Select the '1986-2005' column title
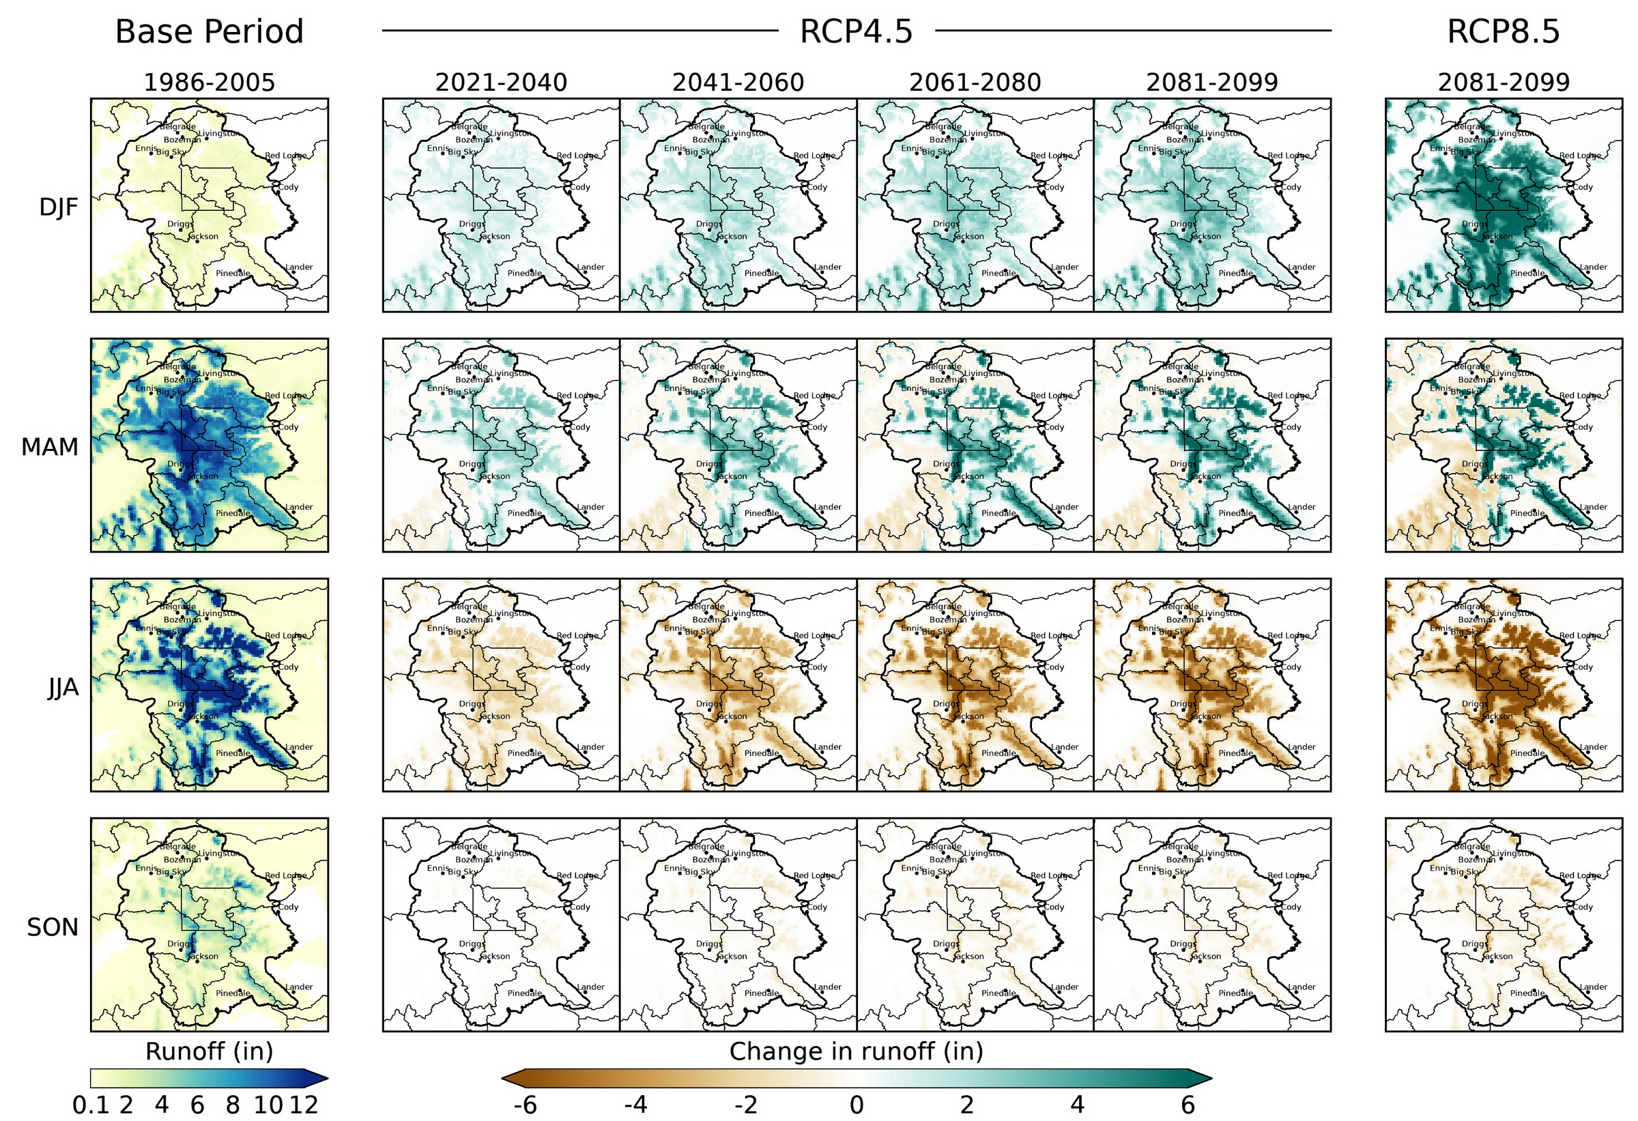(x=209, y=83)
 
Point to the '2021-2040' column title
(x=500, y=83)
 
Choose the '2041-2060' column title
(x=737, y=83)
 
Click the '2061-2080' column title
(x=974, y=83)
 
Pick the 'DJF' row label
(x=59, y=207)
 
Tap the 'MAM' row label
(x=49, y=447)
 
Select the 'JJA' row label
(x=63, y=688)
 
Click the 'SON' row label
(x=52, y=927)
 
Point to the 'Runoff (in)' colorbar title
(x=209, y=1051)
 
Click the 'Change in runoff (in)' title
(x=856, y=1051)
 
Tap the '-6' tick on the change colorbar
(x=525, y=1105)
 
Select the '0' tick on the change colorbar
(x=856, y=1105)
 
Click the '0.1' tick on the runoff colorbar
(x=90, y=1105)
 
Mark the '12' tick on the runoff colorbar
(x=304, y=1105)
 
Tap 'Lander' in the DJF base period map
(x=299, y=267)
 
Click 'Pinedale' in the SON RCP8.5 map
(x=1527, y=993)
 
